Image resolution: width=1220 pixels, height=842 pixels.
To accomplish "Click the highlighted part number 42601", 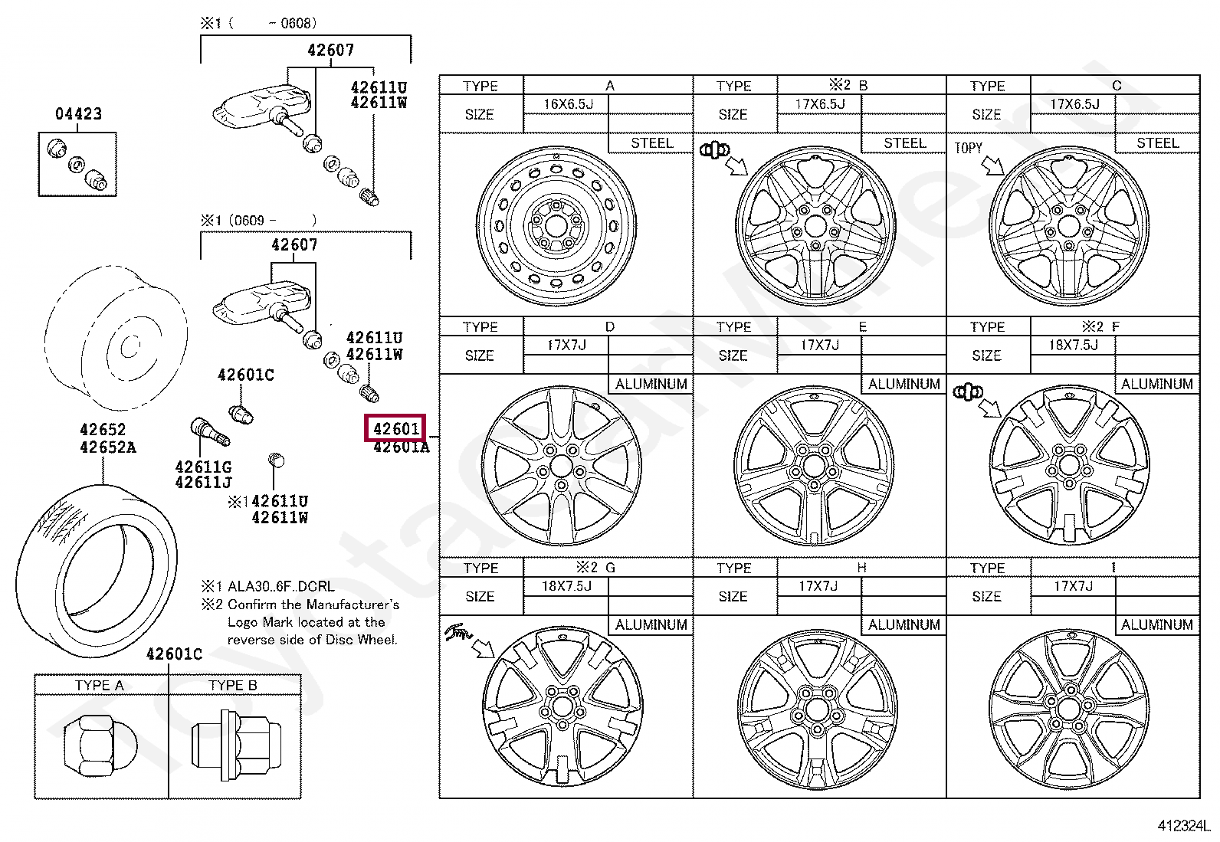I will (x=395, y=428).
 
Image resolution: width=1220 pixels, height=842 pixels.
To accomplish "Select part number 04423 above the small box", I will (x=78, y=114).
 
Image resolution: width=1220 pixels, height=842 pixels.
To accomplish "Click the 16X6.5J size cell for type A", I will (x=568, y=104).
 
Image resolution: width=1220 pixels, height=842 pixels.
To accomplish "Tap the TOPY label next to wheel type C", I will (x=968, y=148).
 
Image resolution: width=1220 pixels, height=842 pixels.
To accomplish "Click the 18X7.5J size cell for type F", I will (x=1073, y=346).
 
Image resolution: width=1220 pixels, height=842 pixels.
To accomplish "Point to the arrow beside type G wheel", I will (x=484, y=649).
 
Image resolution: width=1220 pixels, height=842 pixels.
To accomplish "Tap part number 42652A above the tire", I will (x=107, y=447).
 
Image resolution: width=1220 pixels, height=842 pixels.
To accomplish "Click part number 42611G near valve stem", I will (x=202, y=467).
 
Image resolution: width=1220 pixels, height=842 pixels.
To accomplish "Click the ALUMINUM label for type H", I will (x=904, y=625).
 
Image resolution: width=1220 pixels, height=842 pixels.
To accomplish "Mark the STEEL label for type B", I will (x=904, y=143).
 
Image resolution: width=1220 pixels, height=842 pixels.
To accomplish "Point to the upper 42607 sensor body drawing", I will (x=261, y=110).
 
